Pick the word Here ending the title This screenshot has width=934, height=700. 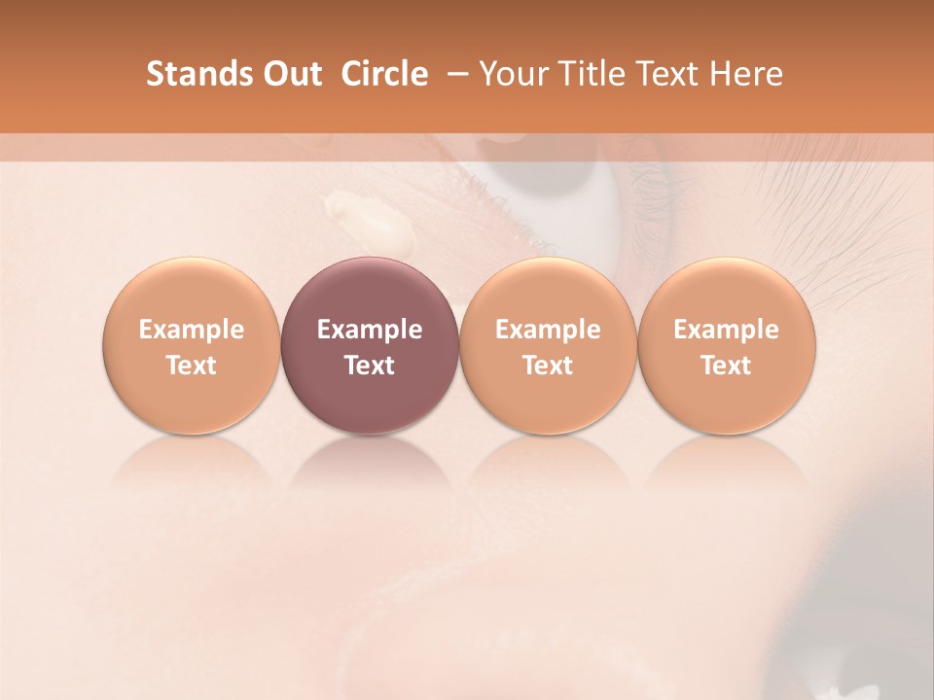tap(748, 74)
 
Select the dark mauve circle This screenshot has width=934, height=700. tap(370, 345)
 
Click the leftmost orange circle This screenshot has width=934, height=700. tap(192, 345)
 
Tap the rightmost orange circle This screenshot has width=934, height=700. tap(727, 345)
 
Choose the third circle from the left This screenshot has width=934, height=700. tap(548, 345)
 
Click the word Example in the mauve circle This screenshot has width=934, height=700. tap(370, 330)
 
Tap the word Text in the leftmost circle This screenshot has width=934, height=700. tap(192, 366)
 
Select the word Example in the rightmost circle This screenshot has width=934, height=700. tap(727, 330)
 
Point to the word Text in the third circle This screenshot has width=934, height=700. tap(548, 366)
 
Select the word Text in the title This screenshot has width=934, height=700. tap(671, 74)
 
